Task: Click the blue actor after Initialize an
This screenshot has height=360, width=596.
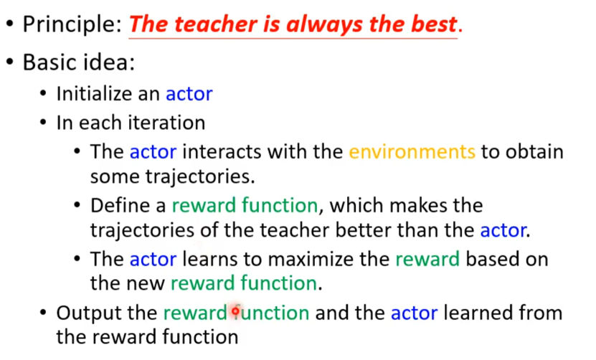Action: click(189, 94)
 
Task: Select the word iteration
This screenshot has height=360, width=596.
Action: click(166, 123)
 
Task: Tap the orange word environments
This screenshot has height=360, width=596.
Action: click(412, 152)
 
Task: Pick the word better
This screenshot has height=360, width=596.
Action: click(363, 230)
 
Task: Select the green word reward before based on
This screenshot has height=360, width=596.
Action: click(427, 260)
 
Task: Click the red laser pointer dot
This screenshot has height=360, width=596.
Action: click(235, 312)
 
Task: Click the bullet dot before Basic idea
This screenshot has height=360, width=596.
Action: click(10, 62)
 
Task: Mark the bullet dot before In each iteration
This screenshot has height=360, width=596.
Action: click(43, 123)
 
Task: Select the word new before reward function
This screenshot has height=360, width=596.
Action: click(146, 283)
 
